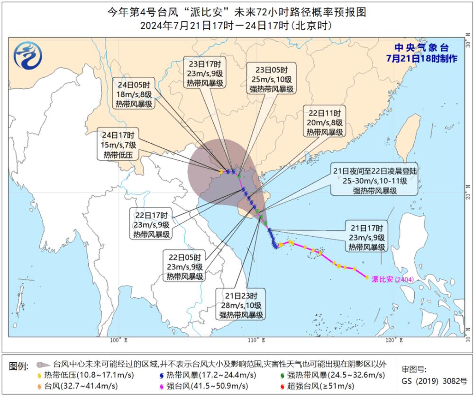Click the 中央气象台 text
421,48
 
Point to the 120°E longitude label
394,340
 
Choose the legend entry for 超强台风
318,386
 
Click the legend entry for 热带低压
85,375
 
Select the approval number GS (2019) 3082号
434,381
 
